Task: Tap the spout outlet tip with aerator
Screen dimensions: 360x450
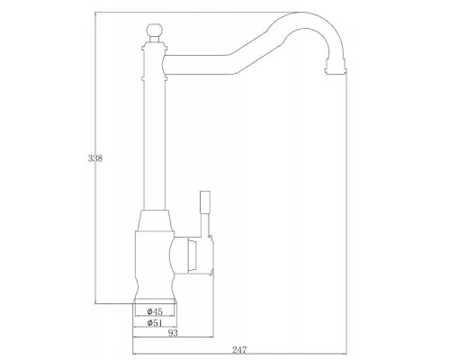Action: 337,64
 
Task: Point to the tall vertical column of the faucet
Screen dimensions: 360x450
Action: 151,135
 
